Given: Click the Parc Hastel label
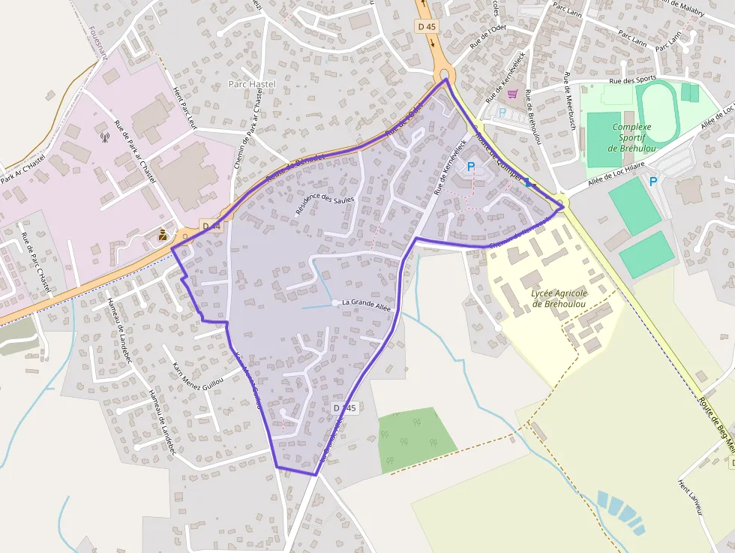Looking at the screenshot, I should tap(252, 84).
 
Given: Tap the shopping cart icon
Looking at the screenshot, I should tap(513, 94).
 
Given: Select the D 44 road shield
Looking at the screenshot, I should tap(211, 226).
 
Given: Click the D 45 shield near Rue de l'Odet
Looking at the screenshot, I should tap(425, 26).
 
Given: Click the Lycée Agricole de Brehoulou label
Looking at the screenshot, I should tap(559, 299).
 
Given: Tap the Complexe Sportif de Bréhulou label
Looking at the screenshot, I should tap(631, 137).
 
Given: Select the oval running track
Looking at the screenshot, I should tap(657, 110).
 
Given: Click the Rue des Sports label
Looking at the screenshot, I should tap(632, 80).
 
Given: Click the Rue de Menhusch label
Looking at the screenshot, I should tap(570, 101).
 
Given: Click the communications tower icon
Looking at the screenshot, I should tap(105, 137).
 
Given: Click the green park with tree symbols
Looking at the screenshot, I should tap(417, 440).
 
